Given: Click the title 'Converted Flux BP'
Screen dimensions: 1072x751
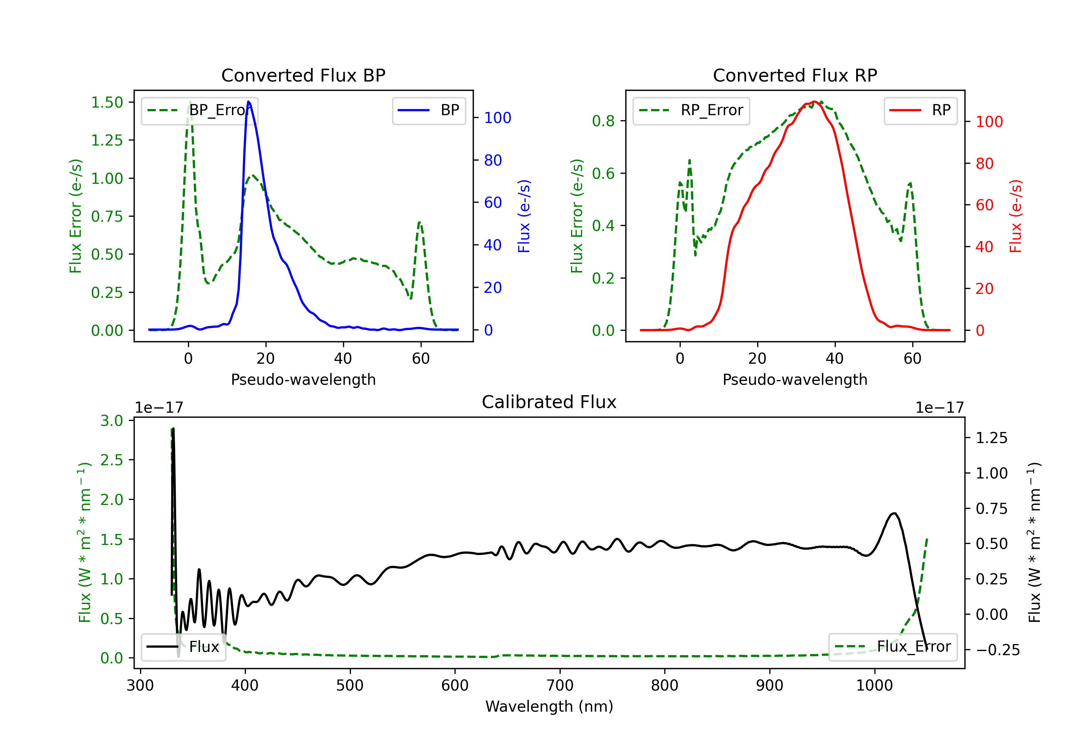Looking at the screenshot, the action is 303,75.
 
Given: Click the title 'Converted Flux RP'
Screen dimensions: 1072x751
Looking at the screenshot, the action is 795,75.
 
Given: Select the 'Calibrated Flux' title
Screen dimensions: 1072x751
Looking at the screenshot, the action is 549,402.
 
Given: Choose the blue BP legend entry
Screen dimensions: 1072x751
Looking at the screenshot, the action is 428,110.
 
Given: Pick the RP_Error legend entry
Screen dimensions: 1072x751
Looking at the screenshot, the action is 691,110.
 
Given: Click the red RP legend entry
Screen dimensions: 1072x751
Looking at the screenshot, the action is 920,110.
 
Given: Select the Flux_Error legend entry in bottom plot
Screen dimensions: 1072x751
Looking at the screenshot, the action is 893,647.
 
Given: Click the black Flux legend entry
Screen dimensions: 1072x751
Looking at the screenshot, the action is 183,647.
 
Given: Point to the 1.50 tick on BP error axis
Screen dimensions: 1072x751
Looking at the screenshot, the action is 107,102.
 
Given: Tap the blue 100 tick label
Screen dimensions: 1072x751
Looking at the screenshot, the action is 498,118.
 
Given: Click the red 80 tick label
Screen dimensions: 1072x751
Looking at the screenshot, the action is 985,163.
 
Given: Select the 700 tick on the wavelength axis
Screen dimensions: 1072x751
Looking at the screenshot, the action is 560,686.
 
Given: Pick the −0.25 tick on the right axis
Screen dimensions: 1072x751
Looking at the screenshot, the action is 998,650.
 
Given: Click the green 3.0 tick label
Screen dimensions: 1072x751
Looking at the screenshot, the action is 111,421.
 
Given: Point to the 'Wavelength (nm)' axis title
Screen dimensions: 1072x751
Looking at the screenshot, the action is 549,707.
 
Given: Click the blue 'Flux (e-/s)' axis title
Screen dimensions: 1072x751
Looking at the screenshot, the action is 524,216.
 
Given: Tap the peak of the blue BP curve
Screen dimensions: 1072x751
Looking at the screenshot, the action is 248,102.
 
